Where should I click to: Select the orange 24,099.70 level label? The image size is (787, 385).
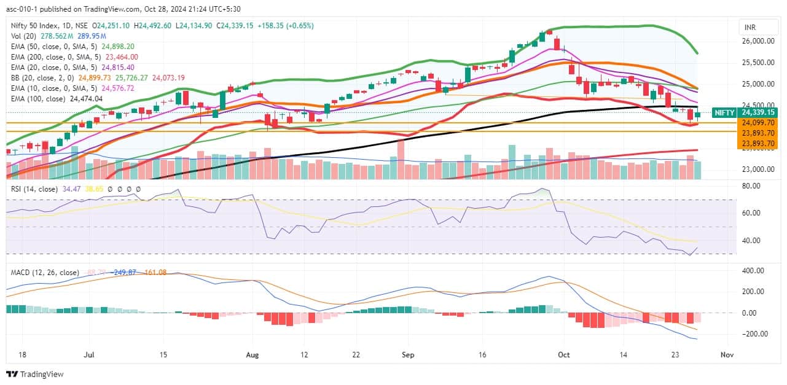click(758, 123)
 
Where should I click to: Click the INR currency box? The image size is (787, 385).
click(750, 28)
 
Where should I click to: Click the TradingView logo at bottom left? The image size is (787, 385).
click(36, 374)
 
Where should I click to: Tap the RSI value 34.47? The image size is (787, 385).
click(72, 189)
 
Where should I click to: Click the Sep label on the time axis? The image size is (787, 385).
click(408, 355)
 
